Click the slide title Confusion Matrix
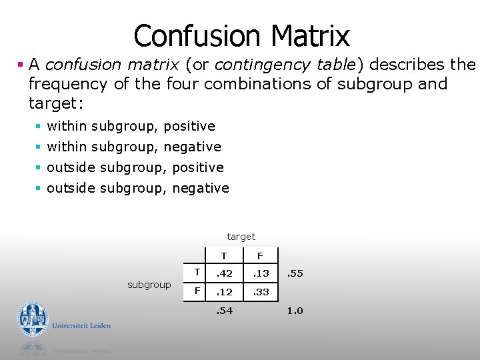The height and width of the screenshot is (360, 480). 241,35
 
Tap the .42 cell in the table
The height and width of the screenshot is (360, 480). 224,273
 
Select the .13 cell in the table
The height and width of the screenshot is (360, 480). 261,273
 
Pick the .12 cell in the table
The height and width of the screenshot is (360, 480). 224,292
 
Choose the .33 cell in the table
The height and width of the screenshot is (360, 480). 261,292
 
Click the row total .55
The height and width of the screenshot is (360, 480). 295,273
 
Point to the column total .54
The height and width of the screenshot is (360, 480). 224,311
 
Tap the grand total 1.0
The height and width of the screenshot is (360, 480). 295,311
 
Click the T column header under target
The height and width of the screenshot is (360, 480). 224,255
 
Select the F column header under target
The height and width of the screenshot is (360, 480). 261,255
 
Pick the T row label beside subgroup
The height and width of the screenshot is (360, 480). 197,271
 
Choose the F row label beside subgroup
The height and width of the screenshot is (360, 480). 197,291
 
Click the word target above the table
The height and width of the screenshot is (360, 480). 241,237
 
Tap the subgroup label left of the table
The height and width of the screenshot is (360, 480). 149,285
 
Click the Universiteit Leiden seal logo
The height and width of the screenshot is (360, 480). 33,319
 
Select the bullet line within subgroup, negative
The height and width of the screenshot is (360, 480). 133,147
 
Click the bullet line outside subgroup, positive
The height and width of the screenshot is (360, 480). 135,167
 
